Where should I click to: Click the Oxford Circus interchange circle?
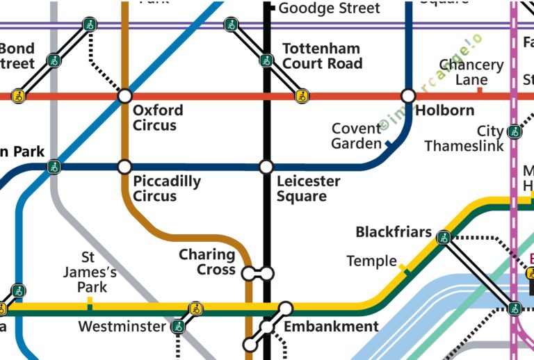coord(124,95)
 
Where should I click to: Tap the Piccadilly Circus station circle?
coord(124,167)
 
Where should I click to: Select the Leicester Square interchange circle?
coord(266,167)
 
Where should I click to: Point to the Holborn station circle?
coord(408,95)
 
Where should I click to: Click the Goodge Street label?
coord(329,8)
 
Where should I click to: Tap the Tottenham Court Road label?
coord(322,56)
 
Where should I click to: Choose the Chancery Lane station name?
coord(471,72)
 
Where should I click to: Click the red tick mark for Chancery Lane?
coord(479,90)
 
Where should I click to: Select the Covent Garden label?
coord(356,136)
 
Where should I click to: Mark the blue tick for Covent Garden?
coord(388,145)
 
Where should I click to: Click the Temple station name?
coord(371,261)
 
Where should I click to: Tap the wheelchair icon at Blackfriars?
coord(443,238)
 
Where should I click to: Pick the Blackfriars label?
coord(394,232)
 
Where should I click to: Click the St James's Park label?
coord(87,272)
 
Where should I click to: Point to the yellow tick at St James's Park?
coord(89,301)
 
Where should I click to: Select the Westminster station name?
coord(122,327)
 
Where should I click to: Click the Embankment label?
coord(331,327)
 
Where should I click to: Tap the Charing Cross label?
coord(207,262)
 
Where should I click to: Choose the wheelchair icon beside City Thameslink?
coord(514,131)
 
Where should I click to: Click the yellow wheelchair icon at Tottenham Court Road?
coord(302,96)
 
